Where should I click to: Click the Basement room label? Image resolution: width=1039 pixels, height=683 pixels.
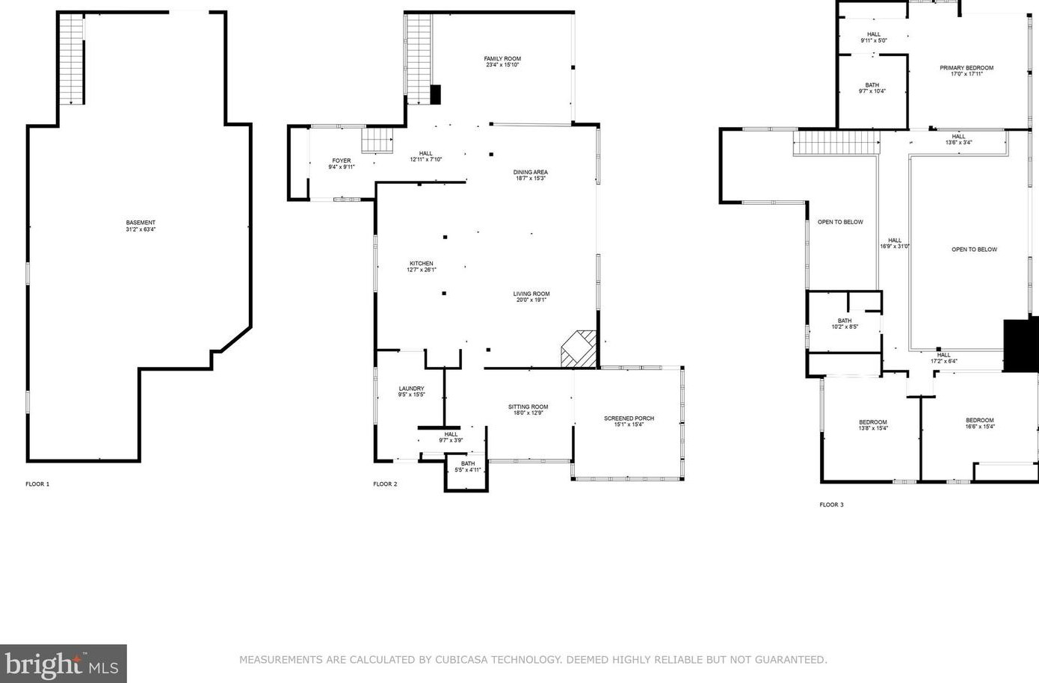click(x=141, y=223)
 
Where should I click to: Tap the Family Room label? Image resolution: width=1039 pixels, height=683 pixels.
click(x=502, y=58)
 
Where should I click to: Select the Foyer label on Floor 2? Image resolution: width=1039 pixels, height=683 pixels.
click(x=342, y=161)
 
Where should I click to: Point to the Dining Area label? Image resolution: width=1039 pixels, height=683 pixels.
click(x=530, y=172)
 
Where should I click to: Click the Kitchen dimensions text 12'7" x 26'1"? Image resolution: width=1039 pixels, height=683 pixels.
click(x=422, y=270)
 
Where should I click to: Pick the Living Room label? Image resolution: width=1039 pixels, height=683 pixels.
click(x=531, y=294)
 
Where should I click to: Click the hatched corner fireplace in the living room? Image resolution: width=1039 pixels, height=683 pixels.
click(x=579, y=349)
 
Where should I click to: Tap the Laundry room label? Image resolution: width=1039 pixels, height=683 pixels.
click(x=411, y=389)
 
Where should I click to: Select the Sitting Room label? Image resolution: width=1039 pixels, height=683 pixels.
click(x=528, y=407)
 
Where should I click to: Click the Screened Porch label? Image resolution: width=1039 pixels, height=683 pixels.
click(x=629, y=418)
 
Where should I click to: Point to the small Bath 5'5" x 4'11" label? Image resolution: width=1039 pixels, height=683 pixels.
click(x=468, y=466)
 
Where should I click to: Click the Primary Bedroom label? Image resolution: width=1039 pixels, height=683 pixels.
click(x=966, y=68)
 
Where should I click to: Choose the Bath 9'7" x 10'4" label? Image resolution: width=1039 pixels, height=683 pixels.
click(x=872, y=88)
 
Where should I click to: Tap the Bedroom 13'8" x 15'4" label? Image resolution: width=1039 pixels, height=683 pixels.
click(x=873, y=425)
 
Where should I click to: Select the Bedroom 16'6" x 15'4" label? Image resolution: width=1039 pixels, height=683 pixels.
click(x=980, y=424)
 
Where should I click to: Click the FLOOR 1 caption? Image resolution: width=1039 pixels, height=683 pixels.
click(x=37, y=484)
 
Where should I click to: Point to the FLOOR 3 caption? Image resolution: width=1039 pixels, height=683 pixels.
click(x=832, y=504)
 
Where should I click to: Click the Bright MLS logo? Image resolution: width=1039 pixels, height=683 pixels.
click(x=63, y=664)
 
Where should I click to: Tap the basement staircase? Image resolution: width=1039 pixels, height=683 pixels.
click(x=72, y=59)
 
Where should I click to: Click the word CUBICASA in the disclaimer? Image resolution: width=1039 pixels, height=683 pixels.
click(x=460, y=659)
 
